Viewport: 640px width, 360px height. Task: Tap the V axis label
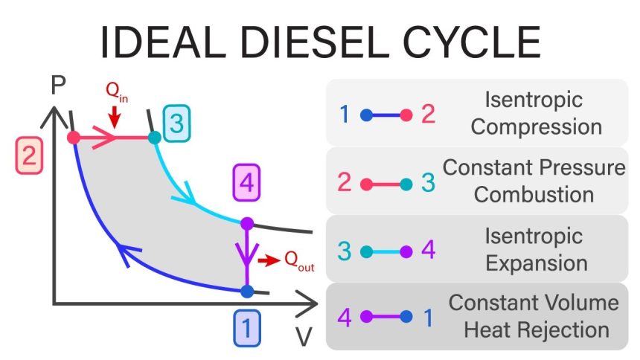304,338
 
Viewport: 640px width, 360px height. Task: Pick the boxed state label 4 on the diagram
246,181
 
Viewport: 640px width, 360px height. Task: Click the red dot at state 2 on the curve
73,138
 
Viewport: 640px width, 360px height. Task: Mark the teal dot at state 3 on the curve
154,138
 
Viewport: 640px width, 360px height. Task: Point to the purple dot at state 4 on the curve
247,223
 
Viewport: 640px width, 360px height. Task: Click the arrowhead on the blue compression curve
126,255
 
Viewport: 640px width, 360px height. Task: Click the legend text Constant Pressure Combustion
534,181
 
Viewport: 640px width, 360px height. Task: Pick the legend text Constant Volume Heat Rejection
534,316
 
